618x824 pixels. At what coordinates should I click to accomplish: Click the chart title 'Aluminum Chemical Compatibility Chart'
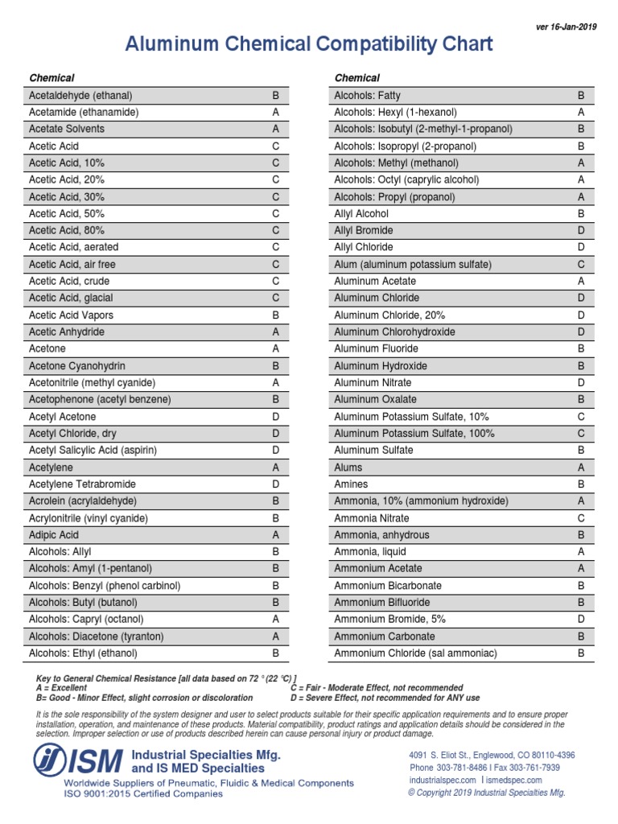click(x=309, y=43)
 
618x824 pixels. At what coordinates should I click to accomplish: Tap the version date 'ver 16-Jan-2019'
click(x=566, y=27)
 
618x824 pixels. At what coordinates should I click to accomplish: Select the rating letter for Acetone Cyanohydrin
click(x=275, y=366)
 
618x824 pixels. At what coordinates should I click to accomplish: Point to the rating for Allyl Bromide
click(x=580, y=231)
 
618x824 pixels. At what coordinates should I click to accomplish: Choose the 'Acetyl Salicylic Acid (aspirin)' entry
click(x=93, y=451)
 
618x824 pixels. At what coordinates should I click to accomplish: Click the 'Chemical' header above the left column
click(x=51, y=78)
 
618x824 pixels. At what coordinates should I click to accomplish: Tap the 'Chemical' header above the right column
click(x=356, y=78)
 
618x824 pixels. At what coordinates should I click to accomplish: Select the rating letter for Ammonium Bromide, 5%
click(x=580, y=620)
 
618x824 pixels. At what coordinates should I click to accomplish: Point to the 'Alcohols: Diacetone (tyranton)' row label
click(x=96, y=637)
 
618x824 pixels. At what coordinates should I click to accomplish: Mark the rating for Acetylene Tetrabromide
click(x=275, y=484)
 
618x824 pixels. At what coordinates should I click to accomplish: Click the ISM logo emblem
click(x=51, y=760)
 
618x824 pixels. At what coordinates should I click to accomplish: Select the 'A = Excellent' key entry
click(x=62, y=688)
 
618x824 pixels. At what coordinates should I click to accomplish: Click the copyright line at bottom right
click(x=487, y=793)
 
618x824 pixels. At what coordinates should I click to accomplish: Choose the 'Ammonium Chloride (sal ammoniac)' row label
click(x=415, y=653)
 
